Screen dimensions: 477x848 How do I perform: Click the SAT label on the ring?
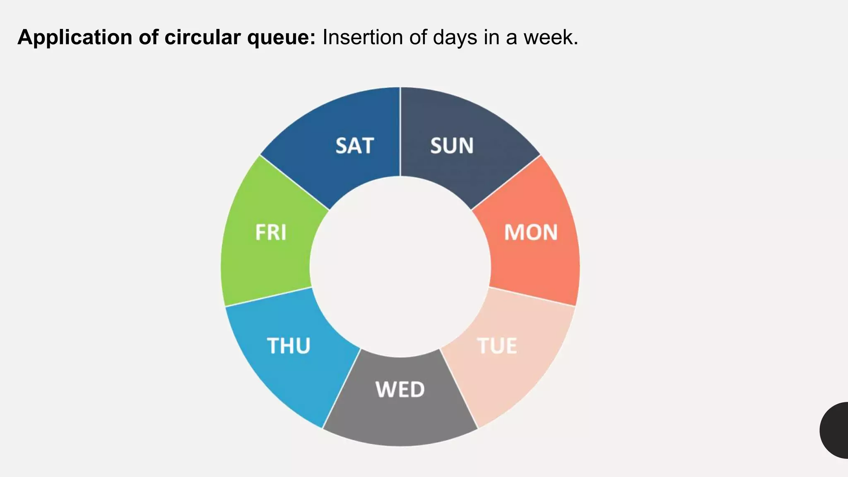click(354, 146)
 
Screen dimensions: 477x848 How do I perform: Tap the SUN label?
click(452, 146)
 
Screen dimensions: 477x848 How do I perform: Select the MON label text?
click(530, 232)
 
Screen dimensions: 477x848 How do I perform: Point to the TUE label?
click(497, 346)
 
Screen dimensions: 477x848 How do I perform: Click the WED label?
click(400, 390)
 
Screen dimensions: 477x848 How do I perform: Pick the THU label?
click(289, 346)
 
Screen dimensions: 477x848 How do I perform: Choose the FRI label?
click(271, 232)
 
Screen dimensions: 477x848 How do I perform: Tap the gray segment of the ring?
click(400, 418)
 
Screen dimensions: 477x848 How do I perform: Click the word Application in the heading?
click(75, 38)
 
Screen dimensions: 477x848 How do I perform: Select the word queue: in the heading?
click(282, 38)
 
